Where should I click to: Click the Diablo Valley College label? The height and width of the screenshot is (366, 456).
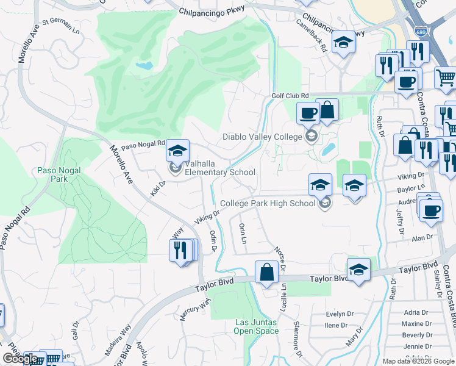click(262, 137)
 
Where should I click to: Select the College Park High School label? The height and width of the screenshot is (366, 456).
click(268, 203)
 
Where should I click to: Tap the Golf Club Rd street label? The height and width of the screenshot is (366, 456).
click(290, 96)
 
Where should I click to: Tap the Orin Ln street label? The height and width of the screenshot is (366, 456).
click(242, 234)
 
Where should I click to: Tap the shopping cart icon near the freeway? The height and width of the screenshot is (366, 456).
click(446, 77)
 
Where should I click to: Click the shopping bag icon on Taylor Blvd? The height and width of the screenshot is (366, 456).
click(267, 271)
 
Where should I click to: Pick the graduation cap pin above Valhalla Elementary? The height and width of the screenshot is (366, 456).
click(177, 150)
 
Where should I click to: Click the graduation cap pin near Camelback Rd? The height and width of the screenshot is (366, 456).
click(344, 42)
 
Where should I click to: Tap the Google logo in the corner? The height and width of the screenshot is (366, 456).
click(20, 359)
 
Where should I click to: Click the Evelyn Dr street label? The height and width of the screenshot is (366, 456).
click(340, 314)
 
